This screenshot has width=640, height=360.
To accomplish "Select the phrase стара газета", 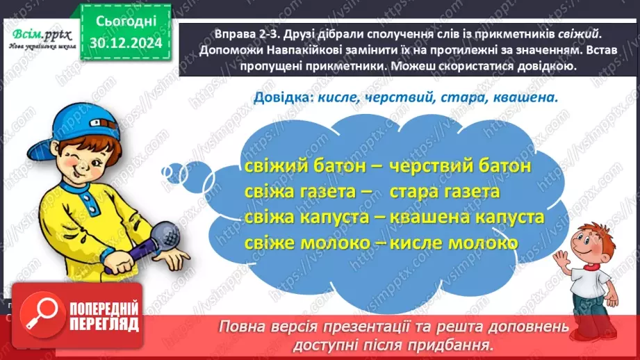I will point(445,192).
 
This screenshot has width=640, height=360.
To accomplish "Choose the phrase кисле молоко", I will point(454,243).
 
